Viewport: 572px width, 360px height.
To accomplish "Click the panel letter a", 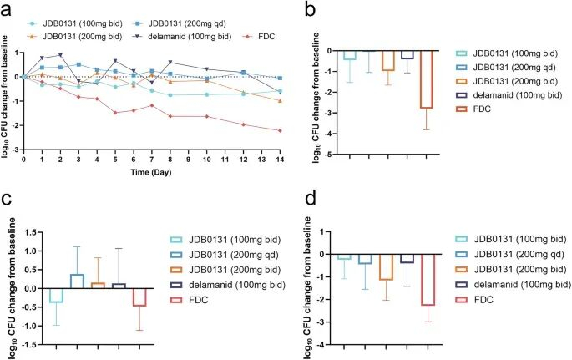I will (x=8, y=9).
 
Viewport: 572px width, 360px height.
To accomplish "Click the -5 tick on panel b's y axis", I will (x=330, y=155).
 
